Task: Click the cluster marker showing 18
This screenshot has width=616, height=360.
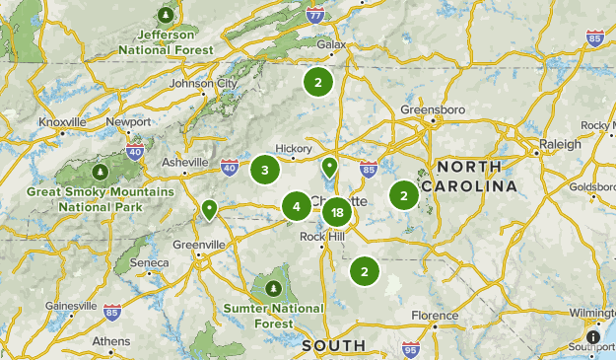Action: click(x=337, y=212)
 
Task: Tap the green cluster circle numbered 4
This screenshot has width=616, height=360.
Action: click(x=296, y=206)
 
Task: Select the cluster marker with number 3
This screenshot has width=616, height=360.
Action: click(x=264, y=171)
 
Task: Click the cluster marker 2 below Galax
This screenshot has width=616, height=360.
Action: click(x=317, y=82)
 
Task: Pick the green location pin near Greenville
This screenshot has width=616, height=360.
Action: click(x=209, y=209)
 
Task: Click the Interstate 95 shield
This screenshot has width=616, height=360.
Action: click(x=410, y=349)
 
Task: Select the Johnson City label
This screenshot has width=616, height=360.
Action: click(x=203, y=84)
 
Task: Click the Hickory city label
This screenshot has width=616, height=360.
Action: click(x=294, y=148)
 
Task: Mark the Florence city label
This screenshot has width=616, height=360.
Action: click(x=436, y=317)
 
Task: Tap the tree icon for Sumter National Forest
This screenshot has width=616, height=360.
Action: click(x=274, y=288)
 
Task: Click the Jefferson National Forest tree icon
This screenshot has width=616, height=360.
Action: click(x=166, y=16)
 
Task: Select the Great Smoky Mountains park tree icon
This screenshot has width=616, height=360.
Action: click(x=101, y=174)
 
